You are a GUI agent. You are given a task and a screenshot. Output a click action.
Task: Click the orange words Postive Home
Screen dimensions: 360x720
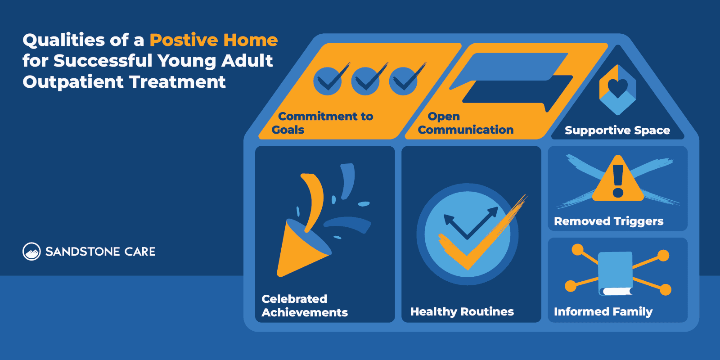[213, 40]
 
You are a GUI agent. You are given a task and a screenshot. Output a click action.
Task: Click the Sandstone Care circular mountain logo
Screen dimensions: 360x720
[31, 252]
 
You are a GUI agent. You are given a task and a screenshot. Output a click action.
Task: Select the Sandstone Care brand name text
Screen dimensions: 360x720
[100, 252]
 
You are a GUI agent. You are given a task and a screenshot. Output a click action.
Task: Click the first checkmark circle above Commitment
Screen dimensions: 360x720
[328, 81]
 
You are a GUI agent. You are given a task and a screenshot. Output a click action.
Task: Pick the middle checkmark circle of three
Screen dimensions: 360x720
[365, 81]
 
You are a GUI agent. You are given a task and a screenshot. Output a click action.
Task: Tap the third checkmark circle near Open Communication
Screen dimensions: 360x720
[403, 81]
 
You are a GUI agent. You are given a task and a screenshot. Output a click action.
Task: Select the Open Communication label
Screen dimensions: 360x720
[465, 123]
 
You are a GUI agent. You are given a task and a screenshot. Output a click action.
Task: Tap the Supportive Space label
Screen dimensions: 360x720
[617, 130]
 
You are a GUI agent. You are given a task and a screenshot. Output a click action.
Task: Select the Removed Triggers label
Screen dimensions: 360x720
[608, 221]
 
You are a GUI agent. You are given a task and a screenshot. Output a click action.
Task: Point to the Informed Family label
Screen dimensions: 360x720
[603, 312]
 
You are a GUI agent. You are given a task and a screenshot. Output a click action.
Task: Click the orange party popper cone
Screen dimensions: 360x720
[299, 247]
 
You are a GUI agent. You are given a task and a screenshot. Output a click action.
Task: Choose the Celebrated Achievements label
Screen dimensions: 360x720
[304, 306]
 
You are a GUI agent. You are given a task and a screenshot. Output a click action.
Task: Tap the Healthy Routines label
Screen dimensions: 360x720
[462, 312]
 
